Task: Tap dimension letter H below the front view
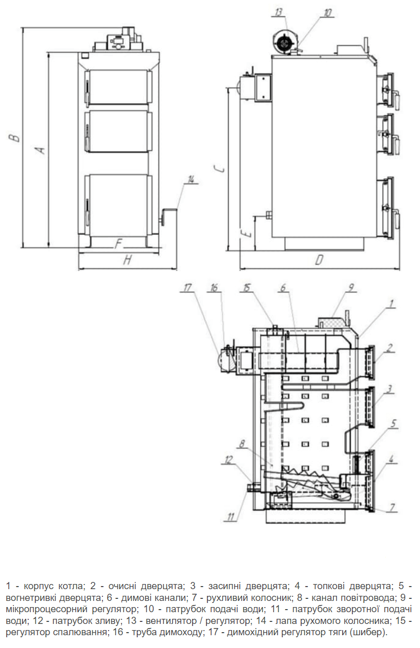[x=127, y=261]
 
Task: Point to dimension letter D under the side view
[x=319, y=260]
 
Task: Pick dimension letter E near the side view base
[x=247, y=233]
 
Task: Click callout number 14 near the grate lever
[x=191, y=179]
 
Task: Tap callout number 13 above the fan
[x=279, y=12]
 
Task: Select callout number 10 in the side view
[x=327, y=13]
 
